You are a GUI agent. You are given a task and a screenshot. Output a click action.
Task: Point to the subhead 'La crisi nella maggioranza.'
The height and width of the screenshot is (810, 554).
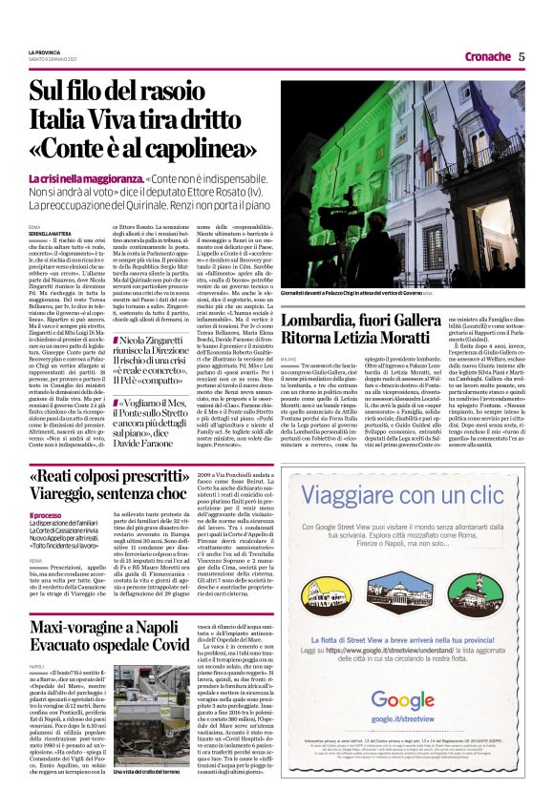click(x=85, y=178)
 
